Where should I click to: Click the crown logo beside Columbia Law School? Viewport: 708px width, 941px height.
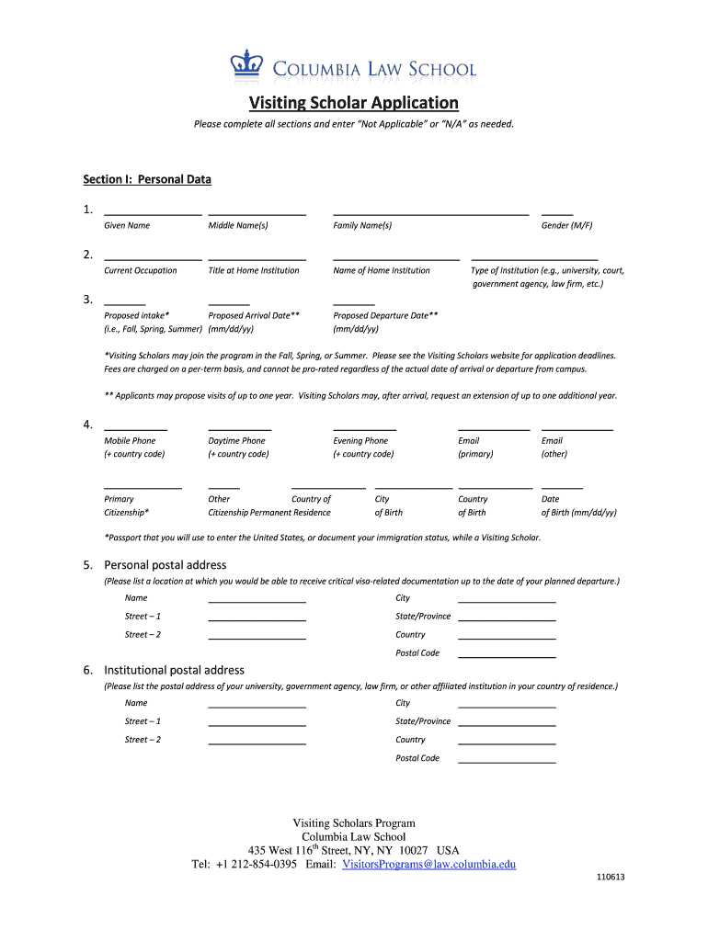[243, 67]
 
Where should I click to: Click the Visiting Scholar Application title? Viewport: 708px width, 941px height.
[353, 102]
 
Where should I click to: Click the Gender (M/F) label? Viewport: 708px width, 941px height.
[566, 225]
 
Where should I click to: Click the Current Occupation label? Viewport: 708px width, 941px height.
[141, 270]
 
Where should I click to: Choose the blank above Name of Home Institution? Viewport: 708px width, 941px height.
[395, 257]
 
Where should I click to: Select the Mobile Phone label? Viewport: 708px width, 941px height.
[130, 441]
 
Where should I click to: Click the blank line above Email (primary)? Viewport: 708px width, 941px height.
[493, 427]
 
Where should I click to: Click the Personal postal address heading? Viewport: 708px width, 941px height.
[165, 564]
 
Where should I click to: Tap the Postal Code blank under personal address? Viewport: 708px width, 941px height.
[506, 655]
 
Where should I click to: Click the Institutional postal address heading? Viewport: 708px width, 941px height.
[174, 670]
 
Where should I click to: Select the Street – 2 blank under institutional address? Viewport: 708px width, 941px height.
[257, 742]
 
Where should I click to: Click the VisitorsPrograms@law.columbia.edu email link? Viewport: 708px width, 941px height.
[428, 864]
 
